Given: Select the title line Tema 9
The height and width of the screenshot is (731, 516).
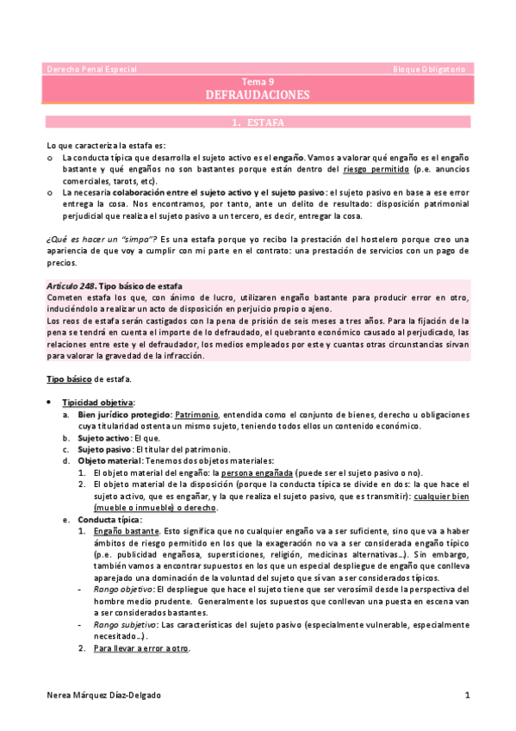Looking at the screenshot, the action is [x=258, y=81].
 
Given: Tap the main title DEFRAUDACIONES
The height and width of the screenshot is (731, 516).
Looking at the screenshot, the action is [x=258, y=95].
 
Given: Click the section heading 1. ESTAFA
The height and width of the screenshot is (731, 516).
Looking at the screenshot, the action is [x=258, y=122].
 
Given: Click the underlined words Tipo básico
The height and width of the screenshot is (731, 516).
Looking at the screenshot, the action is [x=66, y=378].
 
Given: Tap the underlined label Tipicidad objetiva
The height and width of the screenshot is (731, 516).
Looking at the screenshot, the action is [x=97, y=403].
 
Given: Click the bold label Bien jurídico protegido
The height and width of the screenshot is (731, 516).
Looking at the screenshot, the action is [x=122, y=415].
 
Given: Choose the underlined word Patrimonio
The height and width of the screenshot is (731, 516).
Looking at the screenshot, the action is [x=196, y=415].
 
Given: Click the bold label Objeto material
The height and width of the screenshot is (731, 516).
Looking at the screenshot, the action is [x=109, y=461].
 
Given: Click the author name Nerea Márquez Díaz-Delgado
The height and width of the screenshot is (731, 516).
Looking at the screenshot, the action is [x=103, y=694].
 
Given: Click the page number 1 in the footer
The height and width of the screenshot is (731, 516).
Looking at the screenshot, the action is [x=466, y=694].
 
